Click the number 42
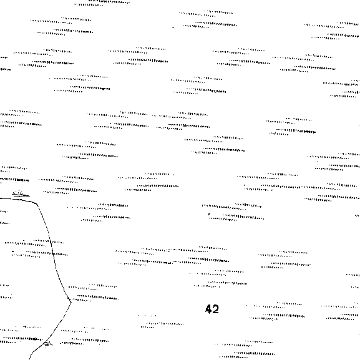tap(212, 309)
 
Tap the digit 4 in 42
tap(208, 309)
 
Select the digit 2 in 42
tap(216, 309)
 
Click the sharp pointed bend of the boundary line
tap(71, 302)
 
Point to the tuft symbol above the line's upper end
tap(21, 194)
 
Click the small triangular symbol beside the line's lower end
tap(48, 344)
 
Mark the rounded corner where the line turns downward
tap(36, 203)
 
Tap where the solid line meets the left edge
tap(1, 198)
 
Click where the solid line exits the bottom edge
tap(29, 359)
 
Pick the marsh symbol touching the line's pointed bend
tap(94, 293)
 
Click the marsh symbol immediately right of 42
tap(276, 311)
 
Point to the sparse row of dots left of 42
tap(147, 316)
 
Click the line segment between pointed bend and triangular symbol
tap(59, 323)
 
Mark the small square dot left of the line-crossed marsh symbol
tap(13, 251)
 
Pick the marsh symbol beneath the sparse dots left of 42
tap(162, 325)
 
